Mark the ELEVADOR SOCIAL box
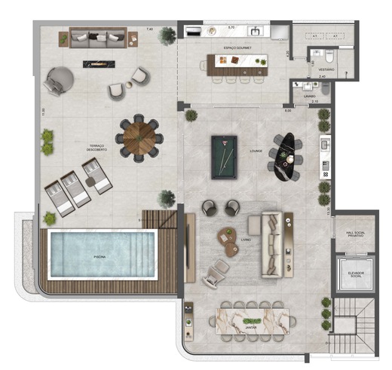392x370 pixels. (351, 273)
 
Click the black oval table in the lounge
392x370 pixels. (283, 157)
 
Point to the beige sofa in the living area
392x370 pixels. (271, 243)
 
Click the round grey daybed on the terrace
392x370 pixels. (59, 80)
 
